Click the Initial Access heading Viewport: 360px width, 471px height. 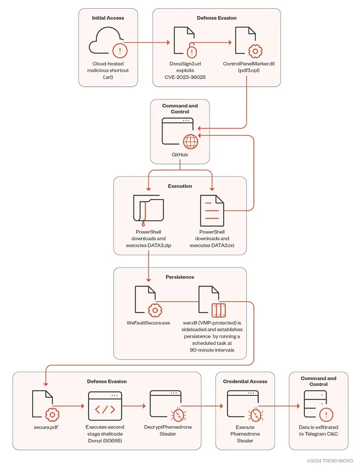coord(108,18)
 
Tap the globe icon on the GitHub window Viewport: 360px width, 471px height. coord(190,141)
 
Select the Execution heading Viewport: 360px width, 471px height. coord(180,186)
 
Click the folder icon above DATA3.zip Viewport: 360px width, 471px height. coord(148,208)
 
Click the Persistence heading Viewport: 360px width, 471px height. coord(180,277)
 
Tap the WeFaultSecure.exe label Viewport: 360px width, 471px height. coord(148,324)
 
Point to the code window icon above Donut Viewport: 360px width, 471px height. coord(105,406)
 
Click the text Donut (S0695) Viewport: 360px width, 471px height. coord(105,441)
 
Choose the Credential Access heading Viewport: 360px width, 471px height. coord(245,381)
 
